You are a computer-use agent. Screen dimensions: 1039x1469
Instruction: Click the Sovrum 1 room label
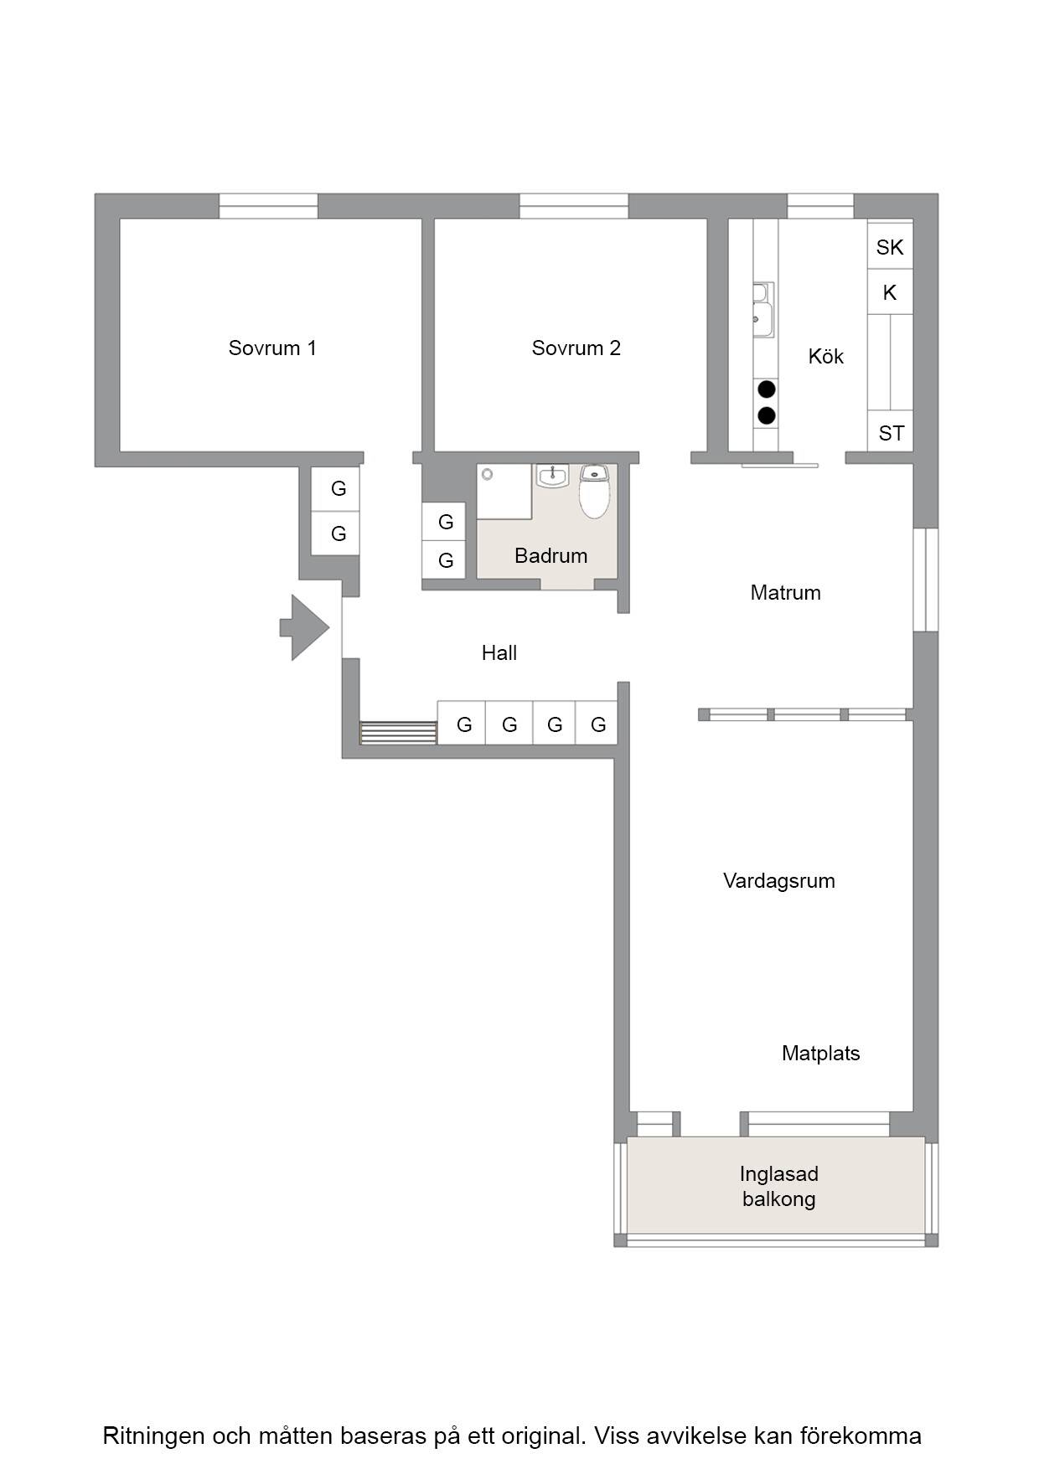point(272,348)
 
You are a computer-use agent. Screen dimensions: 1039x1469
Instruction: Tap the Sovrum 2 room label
point(576,348)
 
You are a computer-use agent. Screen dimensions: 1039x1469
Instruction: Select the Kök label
point(825,356)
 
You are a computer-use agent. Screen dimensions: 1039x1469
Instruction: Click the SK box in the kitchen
point(890,246)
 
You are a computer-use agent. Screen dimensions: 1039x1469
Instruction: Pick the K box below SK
point(890,292)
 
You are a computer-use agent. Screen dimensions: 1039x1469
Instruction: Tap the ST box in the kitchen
point(890,431)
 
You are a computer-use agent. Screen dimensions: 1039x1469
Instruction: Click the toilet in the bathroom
point(594,492)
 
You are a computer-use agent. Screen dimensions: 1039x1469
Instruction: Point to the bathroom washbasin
point(552,476)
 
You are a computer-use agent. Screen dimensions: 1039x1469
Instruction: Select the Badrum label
point(551,555)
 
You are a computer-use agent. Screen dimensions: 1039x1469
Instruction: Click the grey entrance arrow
point(304,627)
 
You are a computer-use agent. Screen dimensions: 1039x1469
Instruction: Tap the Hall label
point(499,652)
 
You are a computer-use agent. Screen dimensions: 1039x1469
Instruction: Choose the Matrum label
point(785,592)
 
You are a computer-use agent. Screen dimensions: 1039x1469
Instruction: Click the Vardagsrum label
point(779,881)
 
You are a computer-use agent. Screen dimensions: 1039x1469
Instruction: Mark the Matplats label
point(821,1053)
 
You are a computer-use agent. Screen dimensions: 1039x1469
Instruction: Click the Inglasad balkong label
point(779,1186)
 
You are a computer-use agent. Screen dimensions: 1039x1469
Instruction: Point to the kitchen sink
point(762,311)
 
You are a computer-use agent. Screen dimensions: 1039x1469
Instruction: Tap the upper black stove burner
point(766,389)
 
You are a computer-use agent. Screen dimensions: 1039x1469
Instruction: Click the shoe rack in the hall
point(398,733)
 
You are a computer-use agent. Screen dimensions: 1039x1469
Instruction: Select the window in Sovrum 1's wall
point(268,206)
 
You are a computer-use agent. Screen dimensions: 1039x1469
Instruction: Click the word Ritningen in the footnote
point(154,1436)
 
